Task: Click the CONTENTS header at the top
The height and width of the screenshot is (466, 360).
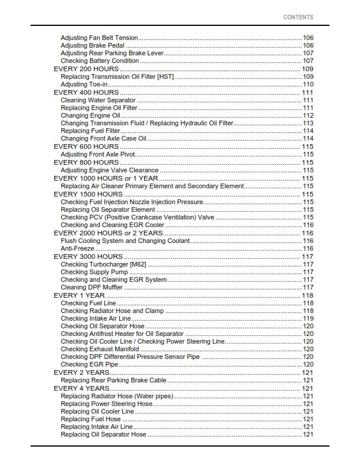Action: [298, 18]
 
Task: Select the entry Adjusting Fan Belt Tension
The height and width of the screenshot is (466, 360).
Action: [99, 38]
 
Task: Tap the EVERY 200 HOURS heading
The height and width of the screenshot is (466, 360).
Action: [86, 69]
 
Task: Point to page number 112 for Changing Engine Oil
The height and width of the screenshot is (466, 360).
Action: [308, 115]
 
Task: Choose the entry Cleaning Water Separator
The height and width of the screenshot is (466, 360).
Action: [98, 100]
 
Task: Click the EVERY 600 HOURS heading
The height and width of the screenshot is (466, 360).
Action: [86, 147]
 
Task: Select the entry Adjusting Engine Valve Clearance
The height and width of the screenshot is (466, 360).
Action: [109, 170]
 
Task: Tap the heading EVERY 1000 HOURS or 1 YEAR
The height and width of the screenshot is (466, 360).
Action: [106, 178]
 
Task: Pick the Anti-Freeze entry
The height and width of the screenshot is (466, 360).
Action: [78, 248]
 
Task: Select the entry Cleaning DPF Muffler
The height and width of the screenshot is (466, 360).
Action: [92, 287]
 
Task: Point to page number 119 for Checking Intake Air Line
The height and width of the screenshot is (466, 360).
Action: [308, 318]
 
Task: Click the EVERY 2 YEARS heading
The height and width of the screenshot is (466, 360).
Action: [81, 372]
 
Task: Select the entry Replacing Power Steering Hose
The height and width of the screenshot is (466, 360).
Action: [106, 404]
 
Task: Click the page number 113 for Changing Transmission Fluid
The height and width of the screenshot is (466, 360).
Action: [308, 123]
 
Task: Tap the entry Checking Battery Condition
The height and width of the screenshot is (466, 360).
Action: [99, 61]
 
